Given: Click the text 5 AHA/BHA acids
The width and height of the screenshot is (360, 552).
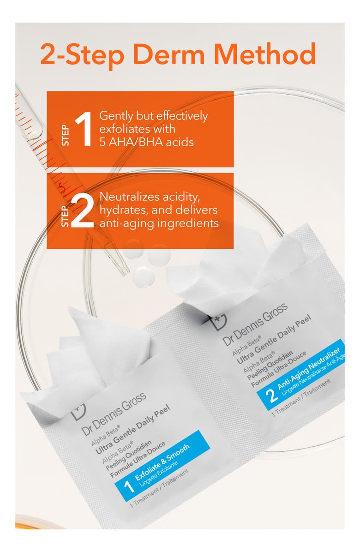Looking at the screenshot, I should (146, 142).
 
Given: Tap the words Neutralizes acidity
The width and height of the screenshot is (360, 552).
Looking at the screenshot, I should (150, 198).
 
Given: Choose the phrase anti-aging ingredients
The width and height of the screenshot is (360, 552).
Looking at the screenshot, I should (158, 223).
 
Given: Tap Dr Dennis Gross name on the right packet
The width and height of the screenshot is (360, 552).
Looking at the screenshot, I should (255, 324).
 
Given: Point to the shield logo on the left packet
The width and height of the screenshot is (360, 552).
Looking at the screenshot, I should (78, 411).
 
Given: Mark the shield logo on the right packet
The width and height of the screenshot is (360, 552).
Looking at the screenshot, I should (218, 321).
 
